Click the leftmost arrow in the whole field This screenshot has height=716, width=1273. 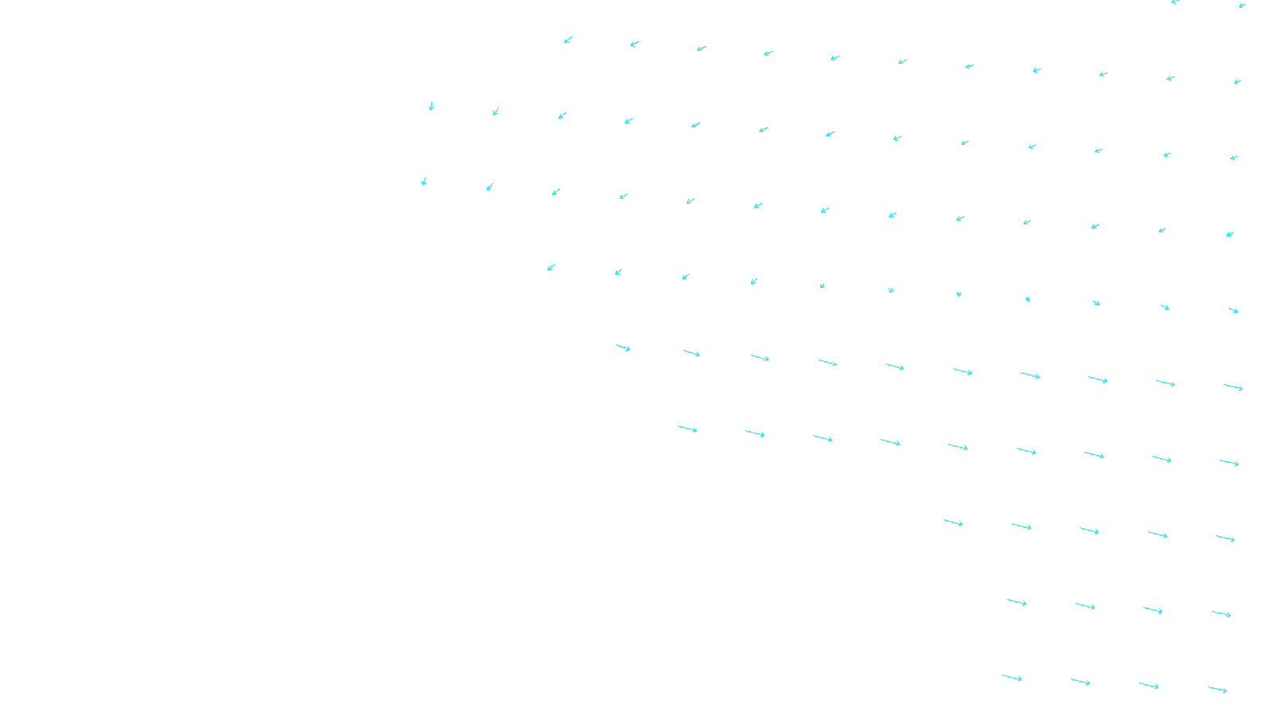click(x=423, y=181)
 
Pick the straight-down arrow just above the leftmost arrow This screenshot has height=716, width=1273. click(x=431, y=106)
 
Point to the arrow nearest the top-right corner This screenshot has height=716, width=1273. click(x=1242, y=5)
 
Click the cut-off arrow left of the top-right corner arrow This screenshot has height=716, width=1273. click(x=1175, y=2)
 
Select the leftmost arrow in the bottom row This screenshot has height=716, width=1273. click(x=1012, y=678)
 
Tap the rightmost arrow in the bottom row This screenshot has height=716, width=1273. click(x=1217, y=690)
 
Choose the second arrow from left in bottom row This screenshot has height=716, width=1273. click(x=1080, y=682)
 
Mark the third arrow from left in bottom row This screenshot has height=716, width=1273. click(x=1149, y=686)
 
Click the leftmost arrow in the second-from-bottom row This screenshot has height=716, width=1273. click(x=1017, y=602)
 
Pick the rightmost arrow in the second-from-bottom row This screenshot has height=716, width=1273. click(x=1221, y=613)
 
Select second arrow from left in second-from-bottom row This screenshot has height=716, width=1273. click(x=1085, y=606)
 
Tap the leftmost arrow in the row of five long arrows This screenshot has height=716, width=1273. click(x=953, y=523)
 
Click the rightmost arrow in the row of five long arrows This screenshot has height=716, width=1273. click(x=1225, y=539)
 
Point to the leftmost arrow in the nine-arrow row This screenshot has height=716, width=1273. click(x=687, y=429)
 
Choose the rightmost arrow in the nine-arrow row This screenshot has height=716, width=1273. click(x=1229, y=462)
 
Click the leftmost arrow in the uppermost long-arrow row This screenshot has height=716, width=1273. click(x=623, y=348)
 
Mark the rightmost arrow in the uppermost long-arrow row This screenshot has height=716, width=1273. click(x=1233, y=387)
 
